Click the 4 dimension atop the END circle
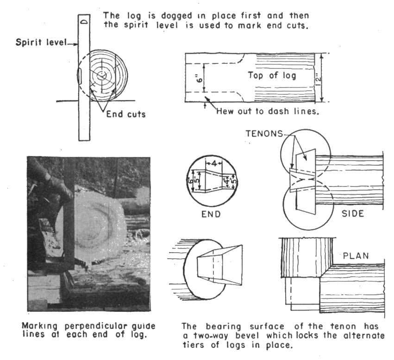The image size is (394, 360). click(214, 164)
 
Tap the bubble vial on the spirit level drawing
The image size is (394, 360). click(80, 74)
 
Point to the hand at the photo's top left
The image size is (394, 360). click(51, 178)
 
